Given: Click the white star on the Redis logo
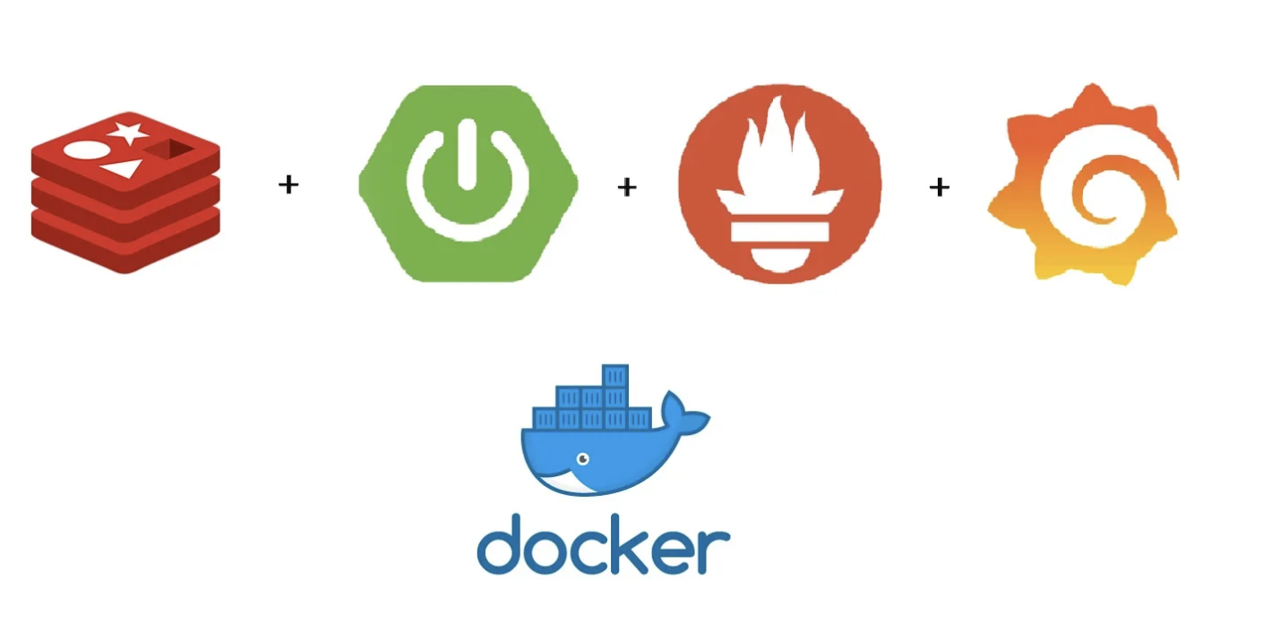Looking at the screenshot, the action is (129, 133).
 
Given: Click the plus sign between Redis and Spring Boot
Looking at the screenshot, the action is (288, 185).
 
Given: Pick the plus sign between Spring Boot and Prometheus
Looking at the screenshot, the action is (627, 187).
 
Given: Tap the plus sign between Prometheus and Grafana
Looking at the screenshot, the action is (939, 187).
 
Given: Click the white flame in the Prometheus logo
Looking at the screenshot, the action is (778, 152).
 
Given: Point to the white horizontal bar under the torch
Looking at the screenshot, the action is (778, 232).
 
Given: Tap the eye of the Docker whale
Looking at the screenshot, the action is (583, 459).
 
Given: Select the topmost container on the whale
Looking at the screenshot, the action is (614, 375).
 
